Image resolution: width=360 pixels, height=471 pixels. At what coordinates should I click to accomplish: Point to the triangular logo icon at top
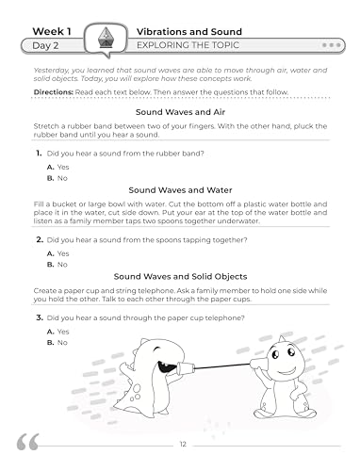106,38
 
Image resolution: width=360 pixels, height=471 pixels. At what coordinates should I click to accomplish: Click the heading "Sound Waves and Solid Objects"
179,275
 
